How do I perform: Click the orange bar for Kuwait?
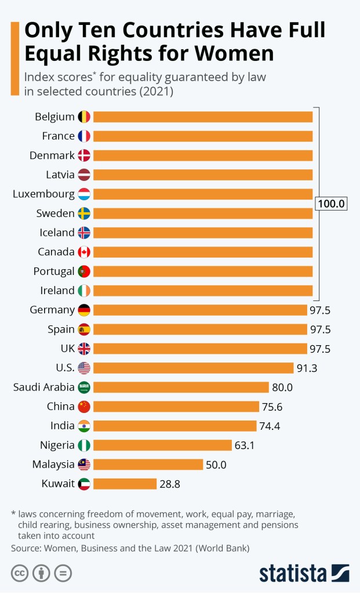(x=125, y=484)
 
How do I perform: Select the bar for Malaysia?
(x=148, y=465)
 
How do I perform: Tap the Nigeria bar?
(x=162, y=445)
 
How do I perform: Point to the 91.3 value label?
(x=307, y=368)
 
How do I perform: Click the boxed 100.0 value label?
(x=331, y=204)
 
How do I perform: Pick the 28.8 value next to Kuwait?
(x=170, y=484)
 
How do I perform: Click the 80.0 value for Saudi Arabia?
(x=282, y=387)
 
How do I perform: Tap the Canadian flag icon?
(x=84, y=252)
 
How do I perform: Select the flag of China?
(x=84, y=407)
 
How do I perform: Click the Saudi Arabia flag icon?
(x=84, y=387)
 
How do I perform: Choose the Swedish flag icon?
(x=84, y=213)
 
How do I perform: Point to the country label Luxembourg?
(x=43, y=194)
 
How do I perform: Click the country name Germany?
(x=52, y=310)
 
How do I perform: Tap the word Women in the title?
(x=235, y=53)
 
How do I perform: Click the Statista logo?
(x=304, y=573)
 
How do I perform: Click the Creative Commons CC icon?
(x=19, y=573)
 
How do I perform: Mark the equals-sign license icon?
(x=63, y=573)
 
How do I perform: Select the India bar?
(x=174, y=426)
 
